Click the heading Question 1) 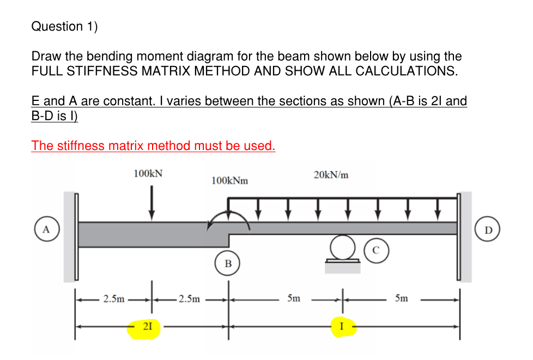[64, 26]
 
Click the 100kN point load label [148, 173]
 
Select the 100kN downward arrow [152, 202]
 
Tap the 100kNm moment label [229, 181]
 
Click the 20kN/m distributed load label [331, 175]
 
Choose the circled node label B [228, 263]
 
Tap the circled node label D [488, 230]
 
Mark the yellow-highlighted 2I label [145, 327]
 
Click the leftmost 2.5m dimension [113, 299]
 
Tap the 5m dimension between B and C [293, 299]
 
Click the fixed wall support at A [70, 236]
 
